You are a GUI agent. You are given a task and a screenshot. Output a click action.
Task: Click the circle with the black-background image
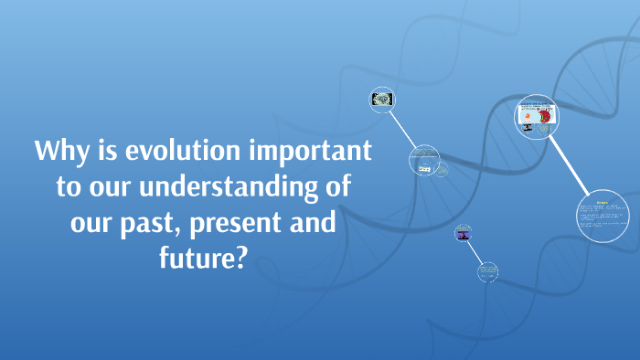point(382,101)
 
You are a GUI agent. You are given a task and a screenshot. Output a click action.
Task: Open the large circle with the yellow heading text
point(603,214)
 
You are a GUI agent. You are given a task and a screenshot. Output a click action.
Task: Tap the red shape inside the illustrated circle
point(547,117)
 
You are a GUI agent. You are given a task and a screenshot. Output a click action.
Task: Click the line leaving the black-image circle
point(401,127)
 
